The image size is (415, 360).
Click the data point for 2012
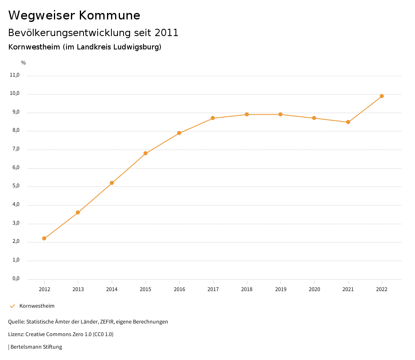(x=44, y=238)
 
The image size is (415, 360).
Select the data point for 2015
(x=145, y=153)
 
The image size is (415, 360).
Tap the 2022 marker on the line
(x=382, y=96)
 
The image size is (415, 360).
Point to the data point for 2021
(x=348, y=122)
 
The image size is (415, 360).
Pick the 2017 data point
(x=213, y=118)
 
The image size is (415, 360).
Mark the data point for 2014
(x=112, y=183)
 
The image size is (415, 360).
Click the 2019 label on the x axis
(x=280, y=289)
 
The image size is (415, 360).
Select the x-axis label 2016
(x=179, y=289)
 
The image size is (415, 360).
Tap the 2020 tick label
(x=314, y=289)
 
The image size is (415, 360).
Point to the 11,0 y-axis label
(x=15, y=75)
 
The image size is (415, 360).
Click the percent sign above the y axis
(x=24, y=62)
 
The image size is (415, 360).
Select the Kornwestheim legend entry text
(x=37, y=306)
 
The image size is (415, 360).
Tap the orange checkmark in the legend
(x=12, y=306)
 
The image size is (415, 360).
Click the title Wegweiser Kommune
(x=74, y=15)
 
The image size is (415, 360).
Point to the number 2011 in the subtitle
(x=167, y=32)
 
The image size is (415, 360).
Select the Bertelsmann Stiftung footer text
(x=36, y=347)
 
